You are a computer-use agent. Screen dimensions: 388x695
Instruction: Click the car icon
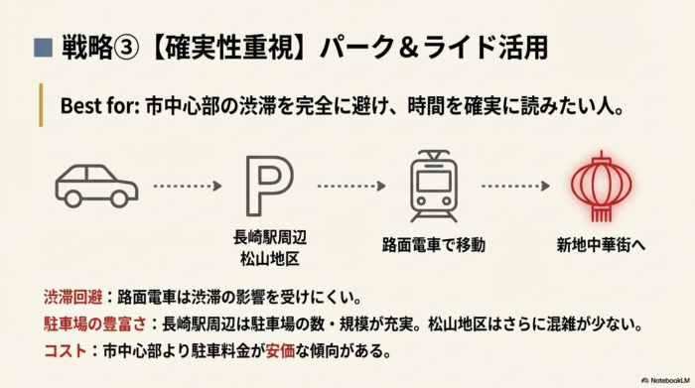(x=97, y=185)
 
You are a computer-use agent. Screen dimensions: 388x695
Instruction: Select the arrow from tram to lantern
(x=515, y=186)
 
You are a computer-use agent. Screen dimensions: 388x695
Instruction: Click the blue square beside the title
(x=41, y=47)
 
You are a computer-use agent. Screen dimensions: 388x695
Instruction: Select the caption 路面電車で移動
(x=433, y=243)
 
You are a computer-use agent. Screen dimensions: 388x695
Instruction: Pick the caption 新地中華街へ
(x=600, y=243)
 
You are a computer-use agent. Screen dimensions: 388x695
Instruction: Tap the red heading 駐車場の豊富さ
(x=95, y=323)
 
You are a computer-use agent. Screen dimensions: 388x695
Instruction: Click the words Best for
(x=95, y=104)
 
